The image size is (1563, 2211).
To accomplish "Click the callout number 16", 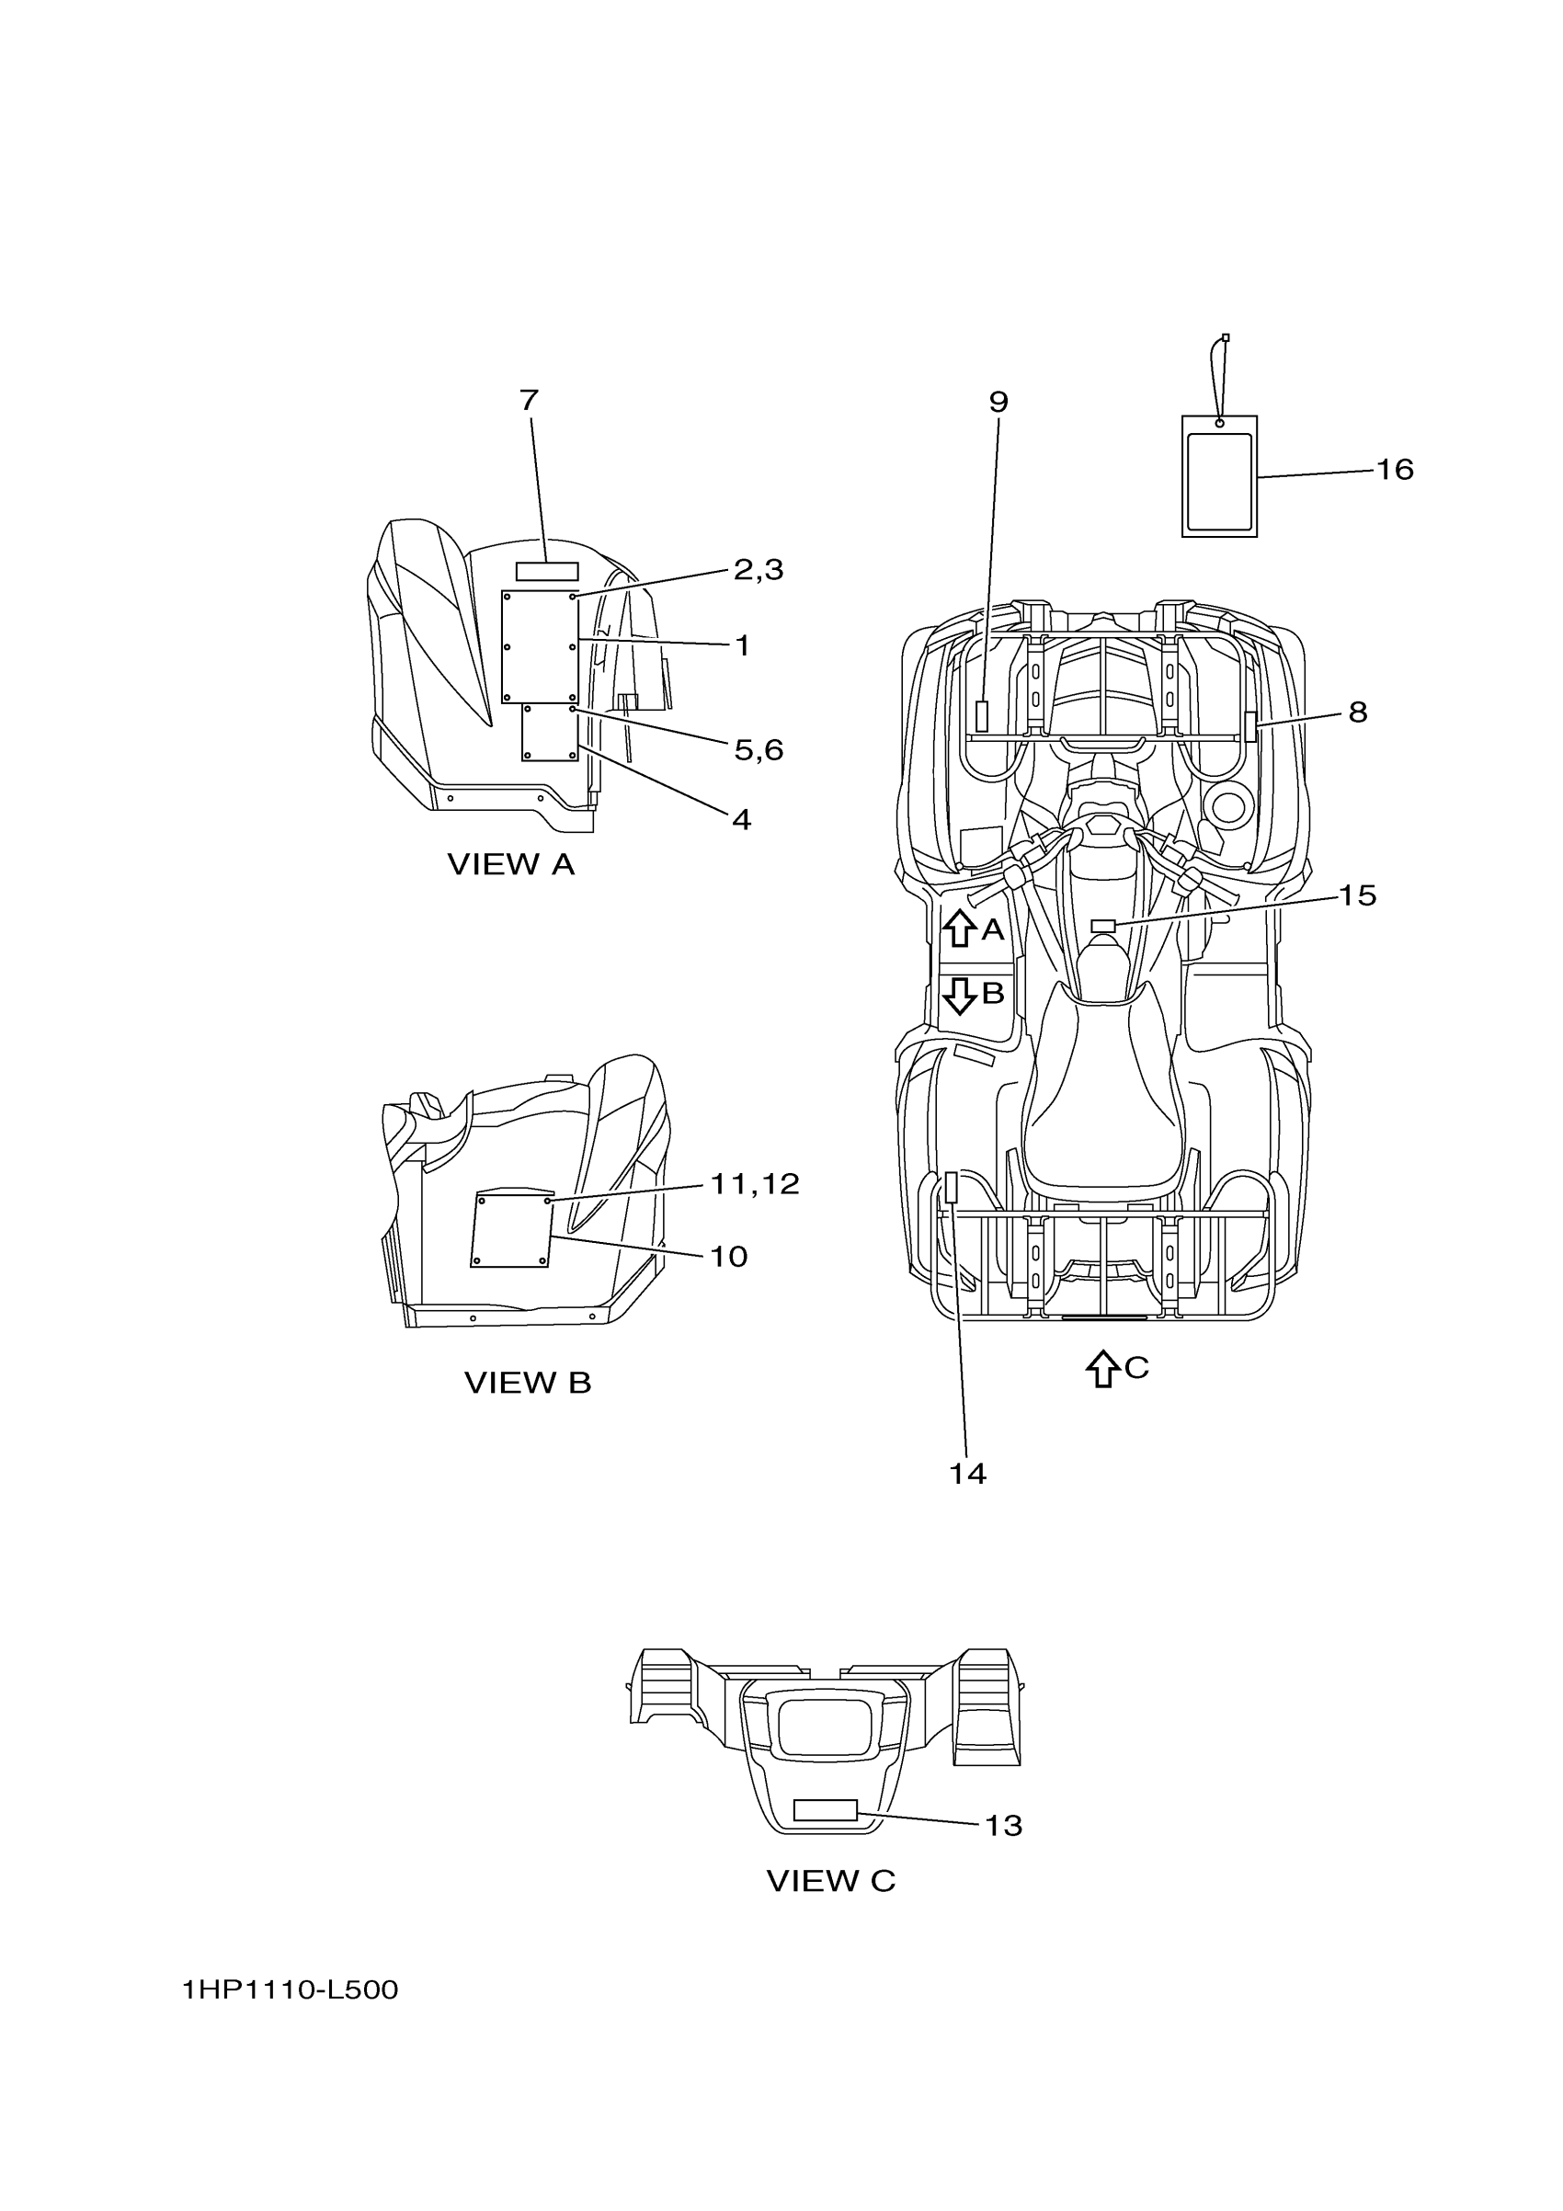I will tap(1394, 470).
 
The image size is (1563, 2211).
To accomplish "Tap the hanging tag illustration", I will tap(1219, 475).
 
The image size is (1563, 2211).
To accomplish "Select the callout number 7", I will tap(529, 401).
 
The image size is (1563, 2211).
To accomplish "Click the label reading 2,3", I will tap(758, 570).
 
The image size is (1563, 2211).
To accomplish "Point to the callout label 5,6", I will tap(758, 749).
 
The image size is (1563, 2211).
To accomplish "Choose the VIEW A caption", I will tap(510, 865).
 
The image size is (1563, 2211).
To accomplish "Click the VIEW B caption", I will tap(528, 1383).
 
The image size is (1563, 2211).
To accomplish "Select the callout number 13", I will tap(1002, 1826).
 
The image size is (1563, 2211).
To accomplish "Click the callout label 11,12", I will tap(755, 1184).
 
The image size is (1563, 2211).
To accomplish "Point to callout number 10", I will tap(729, 1257).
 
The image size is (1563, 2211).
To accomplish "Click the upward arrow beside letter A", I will tap(959, 929).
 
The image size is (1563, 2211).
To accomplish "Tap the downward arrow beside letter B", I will tap(959, 995).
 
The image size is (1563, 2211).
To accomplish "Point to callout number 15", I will tap(1357, 895).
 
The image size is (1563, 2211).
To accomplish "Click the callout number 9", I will tap(998, 403).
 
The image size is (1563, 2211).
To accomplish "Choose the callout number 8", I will tap(1357, 712).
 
